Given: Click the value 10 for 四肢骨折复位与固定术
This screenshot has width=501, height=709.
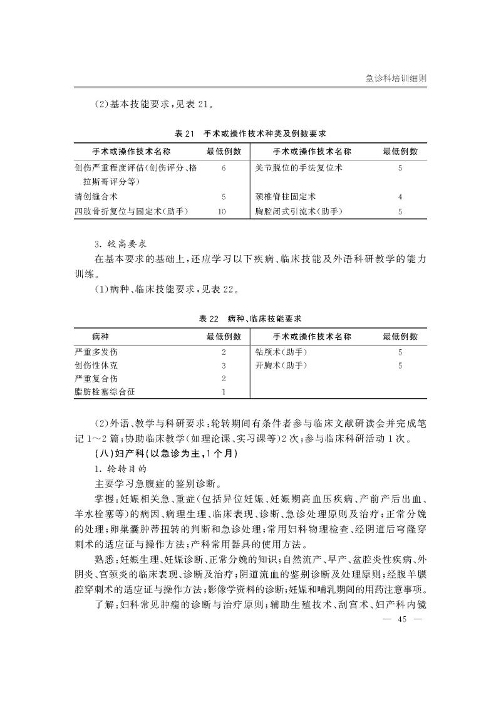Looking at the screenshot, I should pyautogui.click(x=222, y=211).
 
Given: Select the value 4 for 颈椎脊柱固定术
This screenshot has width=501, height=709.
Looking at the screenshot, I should pyautogui.click(x=400, y=196).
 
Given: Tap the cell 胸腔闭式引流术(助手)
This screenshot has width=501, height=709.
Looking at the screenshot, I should pyautogui.click(x=299, y=211).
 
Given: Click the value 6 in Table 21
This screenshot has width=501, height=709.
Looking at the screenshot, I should pyautogui.click(x=223, y=168).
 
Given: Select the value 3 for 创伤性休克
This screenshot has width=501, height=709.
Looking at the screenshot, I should pyautogui.click(x=223, y=365).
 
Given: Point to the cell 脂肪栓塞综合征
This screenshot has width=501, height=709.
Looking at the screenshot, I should pyautogui.click(x=104, y=392).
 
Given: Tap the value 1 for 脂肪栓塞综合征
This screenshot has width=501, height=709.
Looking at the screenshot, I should pyautogui.click(x=223, y=392).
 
